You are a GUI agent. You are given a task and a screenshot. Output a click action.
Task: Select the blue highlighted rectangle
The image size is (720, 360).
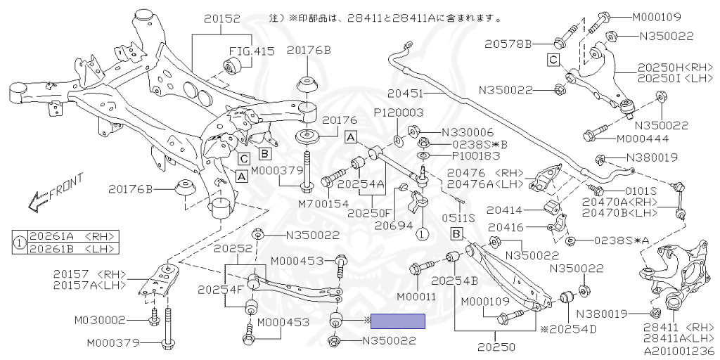[398, 322]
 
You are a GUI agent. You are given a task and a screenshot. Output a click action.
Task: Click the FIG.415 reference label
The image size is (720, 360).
[249, 51]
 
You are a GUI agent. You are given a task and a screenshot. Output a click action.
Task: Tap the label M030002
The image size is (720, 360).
[99, 321]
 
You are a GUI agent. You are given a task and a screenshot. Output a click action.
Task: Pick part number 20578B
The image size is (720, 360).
[508, 44]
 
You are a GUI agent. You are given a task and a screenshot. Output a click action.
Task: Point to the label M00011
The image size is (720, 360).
[416, 297]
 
